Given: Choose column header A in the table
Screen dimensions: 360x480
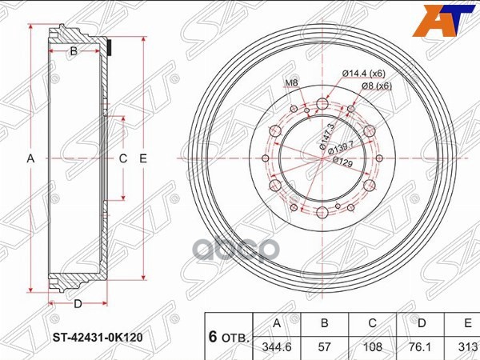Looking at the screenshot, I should pos(276,324).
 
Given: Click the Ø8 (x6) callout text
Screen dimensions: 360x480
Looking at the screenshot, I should pos(374,86).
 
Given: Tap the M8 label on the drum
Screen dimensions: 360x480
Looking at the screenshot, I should pos(291,83).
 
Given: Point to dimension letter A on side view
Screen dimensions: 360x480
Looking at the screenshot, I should pos(31,158).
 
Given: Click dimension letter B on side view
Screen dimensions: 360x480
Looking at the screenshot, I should pos(73,52).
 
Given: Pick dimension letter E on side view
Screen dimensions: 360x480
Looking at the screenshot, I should pos(143,158).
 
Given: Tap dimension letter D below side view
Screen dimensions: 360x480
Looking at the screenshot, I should pos(78,303).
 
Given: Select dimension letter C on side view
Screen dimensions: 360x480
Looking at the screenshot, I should pos(123,158).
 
